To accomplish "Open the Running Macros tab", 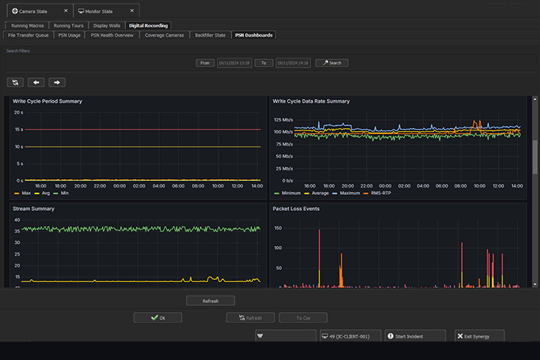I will click(x=28, y=25).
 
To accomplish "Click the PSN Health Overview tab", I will click(x=112, y=34).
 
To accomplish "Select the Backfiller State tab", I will click(x=209, y=34).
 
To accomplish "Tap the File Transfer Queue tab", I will click(x=28, y=34).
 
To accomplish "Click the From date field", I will click(x=234, y=63).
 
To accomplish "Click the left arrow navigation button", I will click(x=37, y=82).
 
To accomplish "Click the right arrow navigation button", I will click(x=58, y=82).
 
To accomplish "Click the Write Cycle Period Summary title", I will click(x=46, y=101).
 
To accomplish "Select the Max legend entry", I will click(x=22, y=193).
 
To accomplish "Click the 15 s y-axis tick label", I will click(x=18, y=129).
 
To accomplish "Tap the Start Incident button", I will click(x=415, y=337).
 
